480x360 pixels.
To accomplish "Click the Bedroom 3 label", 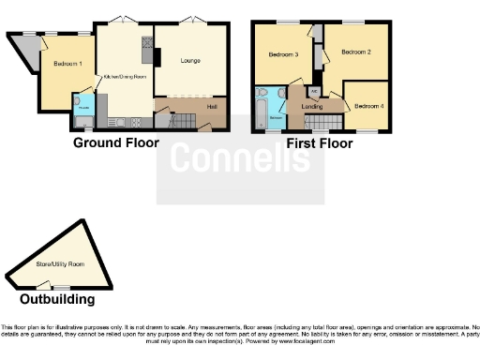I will point(283,54).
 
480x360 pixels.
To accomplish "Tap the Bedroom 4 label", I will point(367,107).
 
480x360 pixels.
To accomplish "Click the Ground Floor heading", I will point(115,143).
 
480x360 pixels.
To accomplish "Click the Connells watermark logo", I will point(240,160).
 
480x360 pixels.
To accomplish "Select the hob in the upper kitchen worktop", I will point(146,43).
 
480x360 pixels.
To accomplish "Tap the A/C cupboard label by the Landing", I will point(314,92).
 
